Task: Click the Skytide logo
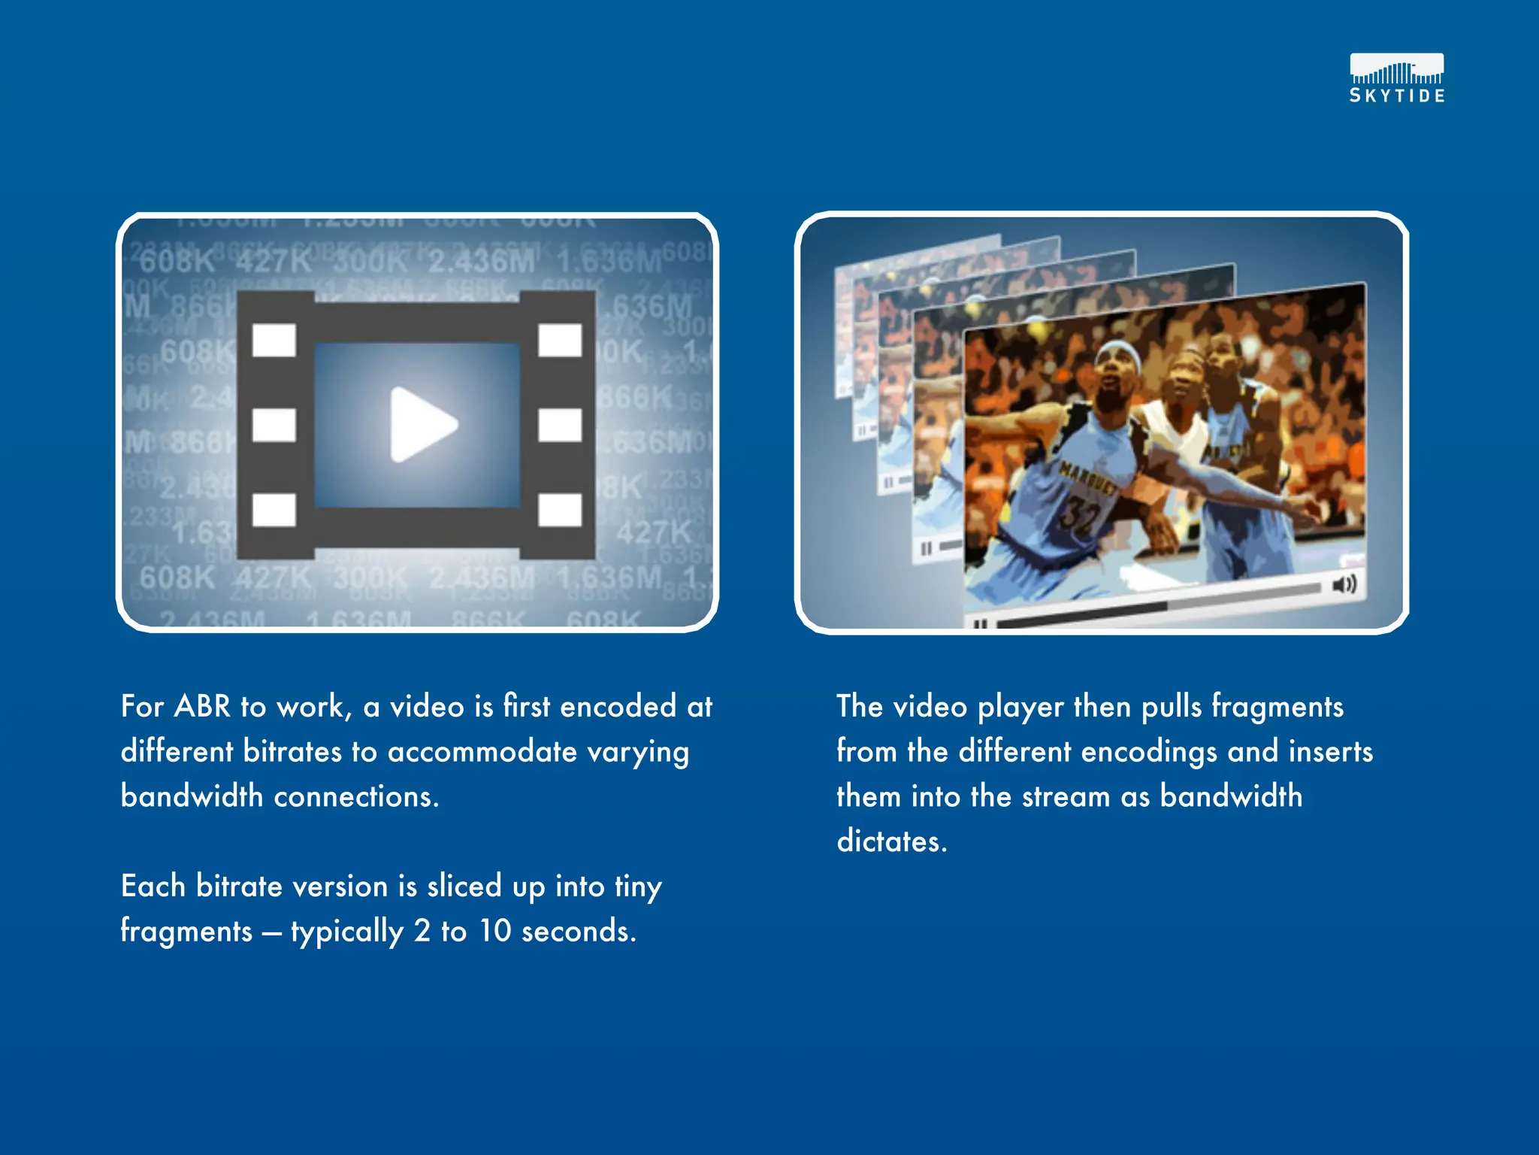pyautogui.click(x=1396, y=77)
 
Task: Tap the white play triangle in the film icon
pyautogui.click(x=421, y=424)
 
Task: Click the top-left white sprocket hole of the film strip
pyautogui.click(x=274, y=340)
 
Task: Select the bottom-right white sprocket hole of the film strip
pyautogui.click(x=560, y=509)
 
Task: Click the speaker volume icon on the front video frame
pyautogui.click(x=1344, y=584)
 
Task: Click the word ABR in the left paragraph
pyautogui.click(x=203, y=707)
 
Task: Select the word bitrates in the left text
pyautogui.click(x=292, y=752)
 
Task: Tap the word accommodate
pyautogui.click(x=482, y=752)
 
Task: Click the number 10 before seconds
pyautogui.click(x=495, y=931)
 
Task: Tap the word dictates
pyautogui.click(x=891, y=841)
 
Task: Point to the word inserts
pyautogui.click(x=1330, y=752)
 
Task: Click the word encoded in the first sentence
pyautogui.click(x=618, y=707)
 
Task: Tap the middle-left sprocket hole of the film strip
pyautogui.click(x=274, y=425)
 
